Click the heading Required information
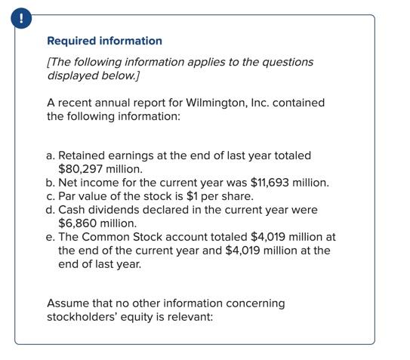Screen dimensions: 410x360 (104, 41)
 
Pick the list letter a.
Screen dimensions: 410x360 (50, 155)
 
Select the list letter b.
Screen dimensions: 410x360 (50, 182)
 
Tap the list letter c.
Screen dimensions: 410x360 (50, 196)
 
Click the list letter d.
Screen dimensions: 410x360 (50, 210)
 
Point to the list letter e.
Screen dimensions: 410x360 (50, 237)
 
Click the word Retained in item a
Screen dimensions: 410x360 (83, 155)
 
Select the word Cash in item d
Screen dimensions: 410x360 (73, 210)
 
